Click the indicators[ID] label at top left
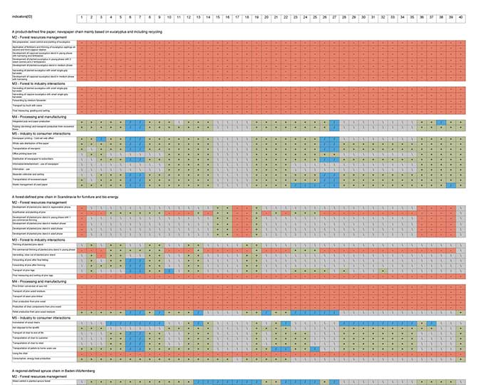[x=27, y=16]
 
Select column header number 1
[x=82, y=16]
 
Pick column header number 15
[x=217, y=16]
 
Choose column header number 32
[x=383, y=16]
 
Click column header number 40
[x=460, y=16]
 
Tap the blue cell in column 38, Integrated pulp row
[x=441, y=123]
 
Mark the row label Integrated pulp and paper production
[x=35, y=123]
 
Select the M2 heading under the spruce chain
[x=39, y=377]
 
